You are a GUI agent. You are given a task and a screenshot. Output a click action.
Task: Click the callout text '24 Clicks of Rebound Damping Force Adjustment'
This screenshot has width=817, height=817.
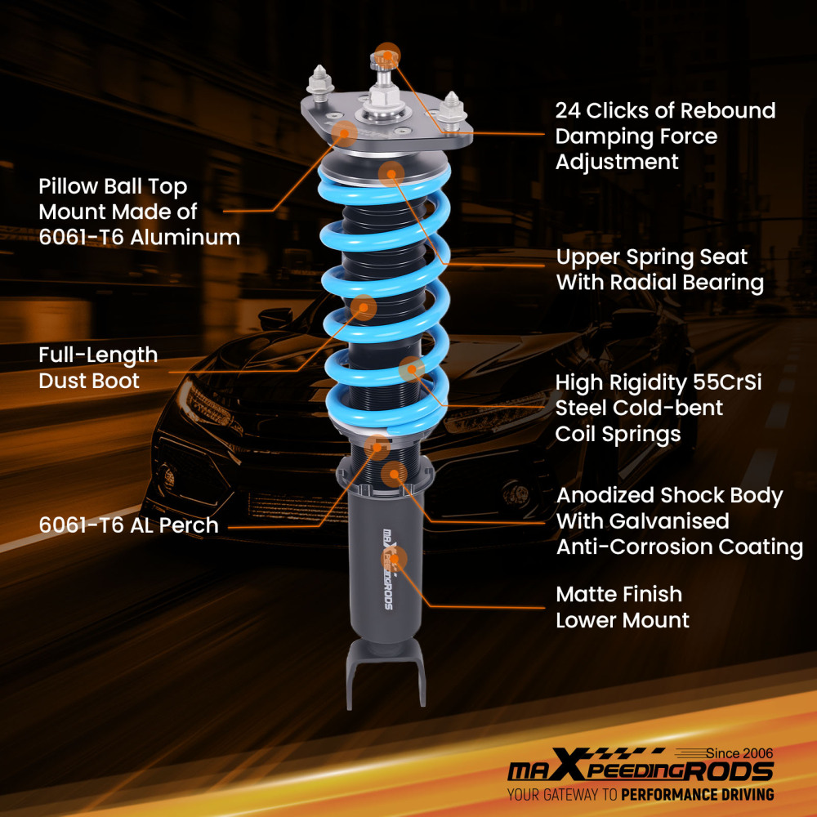[665, 136]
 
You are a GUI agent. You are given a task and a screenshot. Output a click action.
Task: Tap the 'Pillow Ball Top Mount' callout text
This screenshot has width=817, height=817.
[139, 212]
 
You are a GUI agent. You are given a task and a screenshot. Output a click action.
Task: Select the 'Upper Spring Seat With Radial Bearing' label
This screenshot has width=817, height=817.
[659, 270]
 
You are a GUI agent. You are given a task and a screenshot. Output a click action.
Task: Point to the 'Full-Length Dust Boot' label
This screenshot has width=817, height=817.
[98, 368]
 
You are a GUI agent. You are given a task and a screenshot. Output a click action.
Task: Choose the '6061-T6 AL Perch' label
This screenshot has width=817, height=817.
[128, 525]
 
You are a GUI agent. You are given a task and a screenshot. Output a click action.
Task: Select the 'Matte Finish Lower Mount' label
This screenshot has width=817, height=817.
[622, 607]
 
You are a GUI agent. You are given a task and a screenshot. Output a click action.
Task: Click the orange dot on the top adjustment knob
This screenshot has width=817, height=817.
[387, 54]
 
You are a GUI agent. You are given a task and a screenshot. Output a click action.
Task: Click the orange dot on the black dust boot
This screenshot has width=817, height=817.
[363, 308]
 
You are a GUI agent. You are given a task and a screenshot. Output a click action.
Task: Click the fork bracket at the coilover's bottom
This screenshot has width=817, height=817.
[386, 670]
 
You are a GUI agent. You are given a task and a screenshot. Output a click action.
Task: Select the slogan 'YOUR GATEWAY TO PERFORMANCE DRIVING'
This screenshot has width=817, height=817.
[640, 794]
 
